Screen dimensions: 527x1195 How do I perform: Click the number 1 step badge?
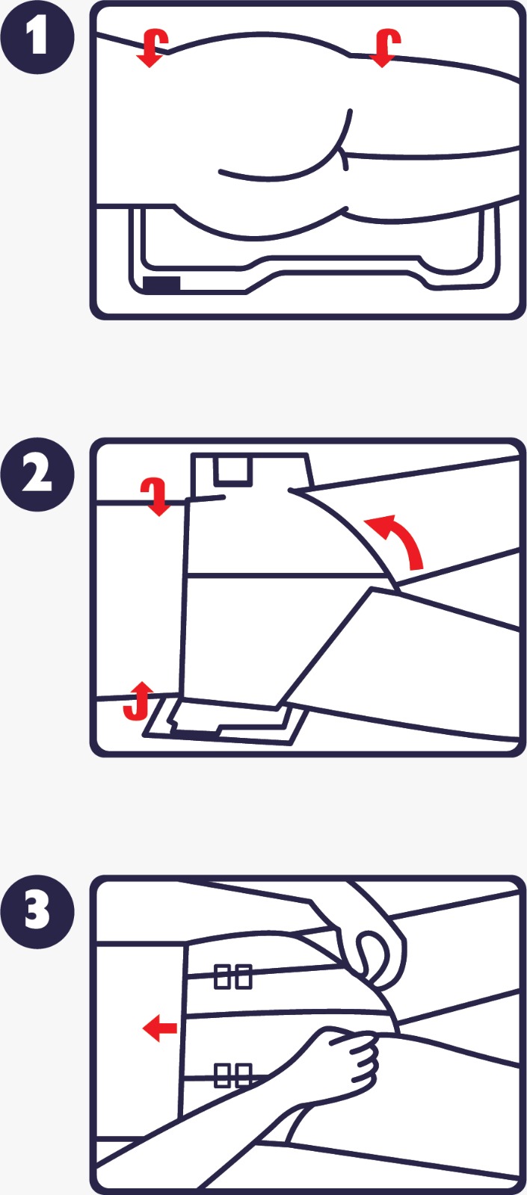click(37, 37)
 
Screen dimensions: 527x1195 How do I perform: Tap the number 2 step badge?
click(37, 474)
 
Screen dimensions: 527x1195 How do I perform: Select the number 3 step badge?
click(37, 911)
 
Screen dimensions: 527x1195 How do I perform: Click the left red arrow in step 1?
click(152, 48)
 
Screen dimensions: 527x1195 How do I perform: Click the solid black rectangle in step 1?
click(161, 284)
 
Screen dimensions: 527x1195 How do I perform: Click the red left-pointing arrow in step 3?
click(159, 1028)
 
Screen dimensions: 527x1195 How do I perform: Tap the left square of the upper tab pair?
click(222, 976)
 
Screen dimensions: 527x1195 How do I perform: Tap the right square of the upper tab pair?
click(243, 976)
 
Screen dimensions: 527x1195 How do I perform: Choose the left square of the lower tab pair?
click(222, 1075)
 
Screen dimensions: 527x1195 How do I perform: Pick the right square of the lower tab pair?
click(243, 1075)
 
